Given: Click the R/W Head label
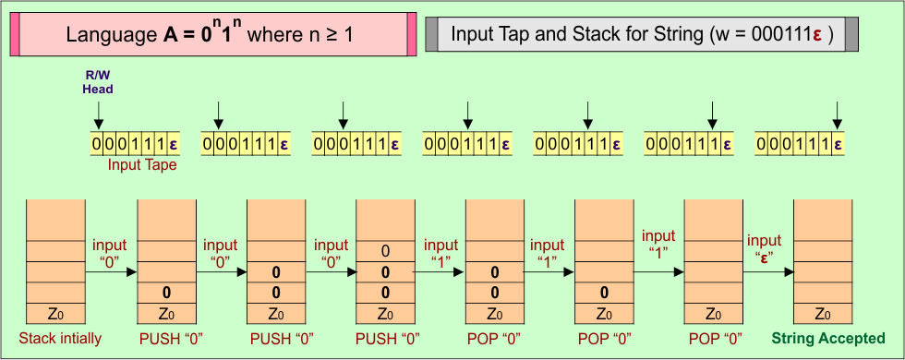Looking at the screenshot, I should (98, 84).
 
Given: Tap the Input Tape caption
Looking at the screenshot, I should (142, 165).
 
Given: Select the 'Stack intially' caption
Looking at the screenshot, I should (60, 338).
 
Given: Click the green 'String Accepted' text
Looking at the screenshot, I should (828, 338).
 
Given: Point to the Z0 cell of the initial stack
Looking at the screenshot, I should (56, 313).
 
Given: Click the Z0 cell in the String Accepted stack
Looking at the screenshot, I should (824, 313).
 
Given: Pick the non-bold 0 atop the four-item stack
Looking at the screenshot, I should (385, 251).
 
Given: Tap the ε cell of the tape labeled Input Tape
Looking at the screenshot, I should (173, 144).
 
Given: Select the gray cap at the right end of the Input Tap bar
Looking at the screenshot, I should (851, 35).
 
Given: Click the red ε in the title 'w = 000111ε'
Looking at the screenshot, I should (817, 36).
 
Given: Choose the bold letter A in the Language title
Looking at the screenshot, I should (169, 36).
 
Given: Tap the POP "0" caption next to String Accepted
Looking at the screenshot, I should (714, 338).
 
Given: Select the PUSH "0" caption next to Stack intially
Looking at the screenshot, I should (167, 338).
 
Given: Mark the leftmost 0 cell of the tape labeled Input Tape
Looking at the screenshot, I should (97, 144).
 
